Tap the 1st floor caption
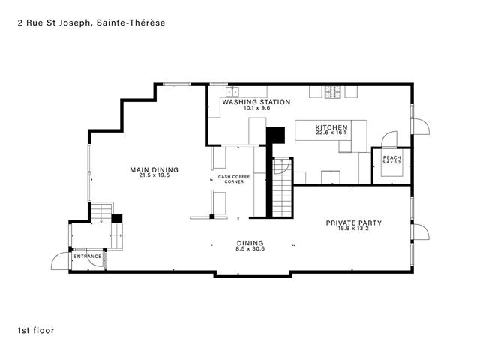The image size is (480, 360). [x=36, y=329]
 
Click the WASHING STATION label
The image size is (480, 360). [x=255, y=101]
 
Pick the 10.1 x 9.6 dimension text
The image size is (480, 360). [x=255, y=107]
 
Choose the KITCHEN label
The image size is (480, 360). [x=331, y=128]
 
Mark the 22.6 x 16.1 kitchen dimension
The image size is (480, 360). [x=331, y=134]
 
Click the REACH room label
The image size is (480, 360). [x=391, y=157]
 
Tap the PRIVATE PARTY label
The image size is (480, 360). [x=354, y=223]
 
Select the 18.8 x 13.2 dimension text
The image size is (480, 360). [x=354, y=229]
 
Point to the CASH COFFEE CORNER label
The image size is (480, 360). [x=230, y=179]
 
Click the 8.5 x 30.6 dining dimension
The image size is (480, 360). [x=250, y=249]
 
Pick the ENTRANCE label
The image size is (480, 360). [x=87, y=256]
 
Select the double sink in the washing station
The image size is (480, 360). [x=232, y=91]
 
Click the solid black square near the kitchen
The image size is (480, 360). [x=277, y=135]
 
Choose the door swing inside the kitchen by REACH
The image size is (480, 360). [x=388, y=139]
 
